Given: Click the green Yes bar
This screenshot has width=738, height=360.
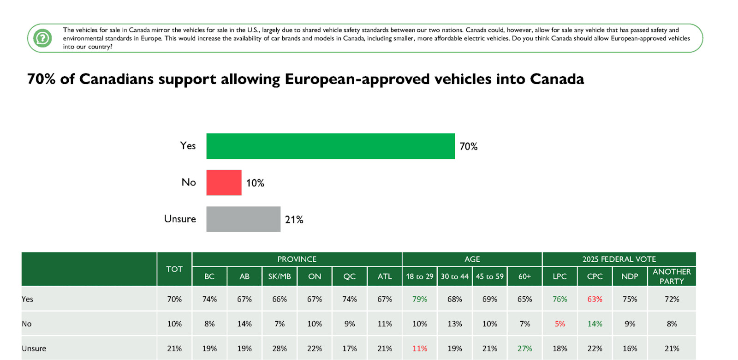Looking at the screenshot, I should click(x=330, y=146).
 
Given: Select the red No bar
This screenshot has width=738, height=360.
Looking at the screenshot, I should click(x=224, y=183).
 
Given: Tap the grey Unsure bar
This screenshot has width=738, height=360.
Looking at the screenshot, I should click(x=243, y=219).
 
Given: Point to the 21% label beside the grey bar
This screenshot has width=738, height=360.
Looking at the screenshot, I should click(x=294, y=220).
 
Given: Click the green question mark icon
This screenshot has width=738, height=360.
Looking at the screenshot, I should click(x=43, y=38).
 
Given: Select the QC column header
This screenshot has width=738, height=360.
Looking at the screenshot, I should click(x=349, y=276).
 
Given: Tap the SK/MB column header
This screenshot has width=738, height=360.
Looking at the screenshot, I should click(x=280, y=276).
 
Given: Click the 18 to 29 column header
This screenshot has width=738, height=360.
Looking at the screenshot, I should click(x=419, y=276).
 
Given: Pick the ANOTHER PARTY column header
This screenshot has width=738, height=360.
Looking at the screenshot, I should click(x=672, y=276).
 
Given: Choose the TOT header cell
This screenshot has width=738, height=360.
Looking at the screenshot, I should click(x=174, y=269).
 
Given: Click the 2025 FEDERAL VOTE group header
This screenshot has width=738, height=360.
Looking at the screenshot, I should click(x=619, y=259).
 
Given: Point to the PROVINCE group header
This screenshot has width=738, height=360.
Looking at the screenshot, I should click(x=297, y=259).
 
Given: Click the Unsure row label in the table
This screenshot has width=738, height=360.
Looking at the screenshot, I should click(x=34, y=348).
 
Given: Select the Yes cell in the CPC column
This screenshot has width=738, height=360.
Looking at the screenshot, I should click(x=595, y=299).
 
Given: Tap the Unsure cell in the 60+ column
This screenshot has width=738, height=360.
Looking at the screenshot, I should click(x=524, y=348).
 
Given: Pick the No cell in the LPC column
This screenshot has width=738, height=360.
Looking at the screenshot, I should click(x=559, y=324).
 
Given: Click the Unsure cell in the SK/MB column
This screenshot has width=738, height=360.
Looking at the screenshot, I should click(x=280, y=348).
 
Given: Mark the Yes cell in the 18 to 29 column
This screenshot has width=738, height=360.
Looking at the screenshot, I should click(x=419, y=299).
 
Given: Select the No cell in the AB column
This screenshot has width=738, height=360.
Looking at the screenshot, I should click(x=244, y=324).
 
